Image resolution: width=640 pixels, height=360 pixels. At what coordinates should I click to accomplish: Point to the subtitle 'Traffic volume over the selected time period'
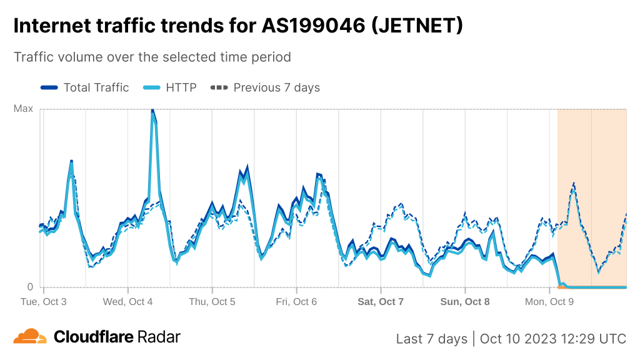click(x=152, y=57)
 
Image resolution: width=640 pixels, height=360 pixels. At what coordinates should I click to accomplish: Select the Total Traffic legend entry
click(x=84, y=87)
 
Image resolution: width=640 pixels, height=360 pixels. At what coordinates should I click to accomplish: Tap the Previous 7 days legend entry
click(x=266, y=87)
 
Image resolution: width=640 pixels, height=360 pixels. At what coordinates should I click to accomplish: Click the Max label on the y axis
click(x=23, y=109)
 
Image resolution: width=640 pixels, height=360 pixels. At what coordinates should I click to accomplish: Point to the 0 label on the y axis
click(x=29, y=287)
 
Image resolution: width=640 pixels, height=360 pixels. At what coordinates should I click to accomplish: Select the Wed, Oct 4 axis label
click(x=127, y=301)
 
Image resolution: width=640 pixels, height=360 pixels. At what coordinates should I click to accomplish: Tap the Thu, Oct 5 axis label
click(x=212, y=301)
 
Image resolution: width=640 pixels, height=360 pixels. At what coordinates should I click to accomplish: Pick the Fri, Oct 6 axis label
click(x=296, y=301)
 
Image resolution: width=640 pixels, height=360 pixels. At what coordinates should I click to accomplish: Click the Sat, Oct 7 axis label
click(x=381, y=301)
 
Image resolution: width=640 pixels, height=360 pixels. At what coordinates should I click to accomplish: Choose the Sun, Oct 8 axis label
click(x=465, y=301)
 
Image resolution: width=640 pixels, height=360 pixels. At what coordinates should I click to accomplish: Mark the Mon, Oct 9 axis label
click(x=549, y=301)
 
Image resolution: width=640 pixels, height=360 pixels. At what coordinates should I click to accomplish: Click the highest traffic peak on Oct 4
click(x=152, y=111)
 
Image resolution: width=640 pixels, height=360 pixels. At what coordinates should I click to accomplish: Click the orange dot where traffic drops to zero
click(x=560, y=287)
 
